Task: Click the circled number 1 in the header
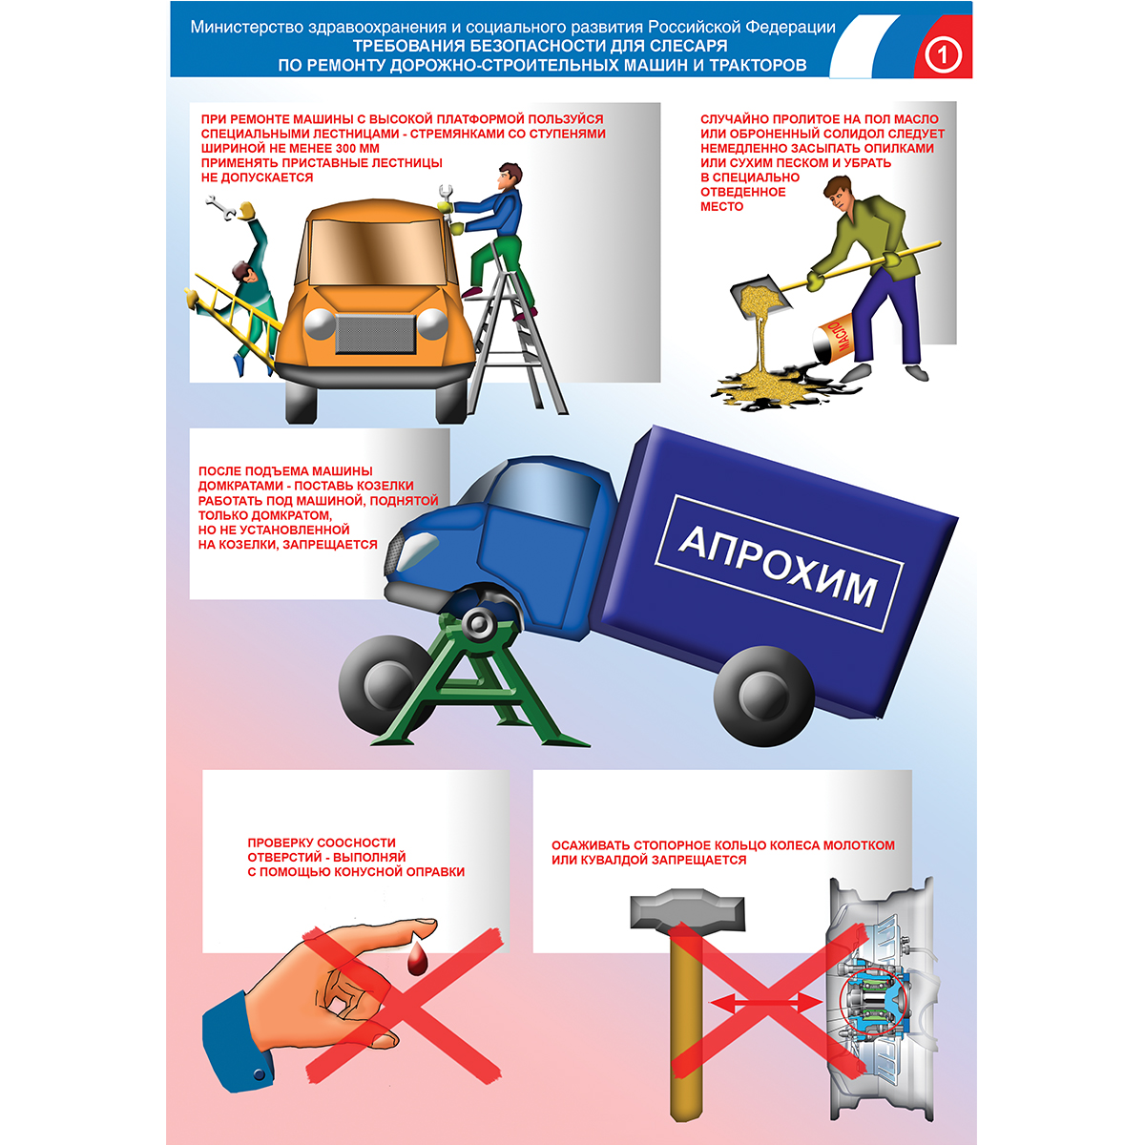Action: coord(943,56)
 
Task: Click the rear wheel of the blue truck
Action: coord(763,696)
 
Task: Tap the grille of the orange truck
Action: coord(375,333)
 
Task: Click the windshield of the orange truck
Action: coord(378,251)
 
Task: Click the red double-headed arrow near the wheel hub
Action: coord(766,1005)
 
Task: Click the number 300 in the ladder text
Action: coord(336,149)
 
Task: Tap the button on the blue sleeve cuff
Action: coord(259,1074)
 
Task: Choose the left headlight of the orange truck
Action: coord(321,323)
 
